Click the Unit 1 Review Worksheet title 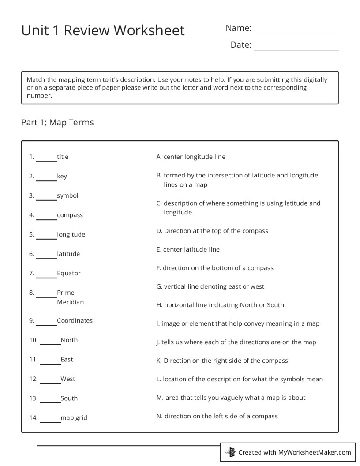tap(103, 30)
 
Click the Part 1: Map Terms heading tap(57, 122)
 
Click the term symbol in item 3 tap(67, 195)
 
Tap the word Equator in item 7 tap(69, 273)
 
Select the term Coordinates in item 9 tap(75, 320)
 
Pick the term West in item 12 tap(68, 379)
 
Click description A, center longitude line tap(191, 157)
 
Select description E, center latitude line tap(188, 249)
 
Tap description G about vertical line tap(210, 286)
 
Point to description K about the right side tap(222, 361)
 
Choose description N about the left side tap(217, 416)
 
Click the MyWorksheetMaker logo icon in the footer tap(230, 452)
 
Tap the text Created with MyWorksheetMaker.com tap(294, 452)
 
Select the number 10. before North tap(34, 340)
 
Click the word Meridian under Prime tap(70, 302)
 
